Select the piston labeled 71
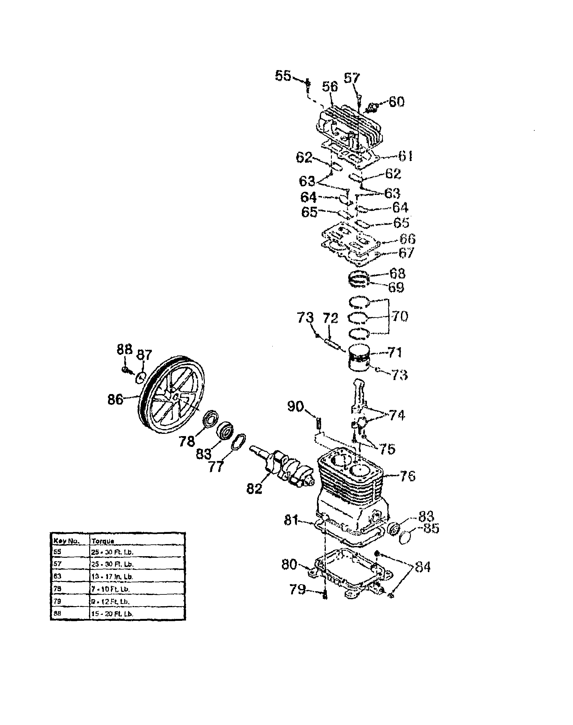click(x=359, y=359)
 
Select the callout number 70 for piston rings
click(x=399, y=316)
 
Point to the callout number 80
click(x=289, y=564)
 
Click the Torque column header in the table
click(x=103, y=541)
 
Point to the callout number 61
click(x=406, y=156)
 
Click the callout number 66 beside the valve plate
click(x=407, y=239)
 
